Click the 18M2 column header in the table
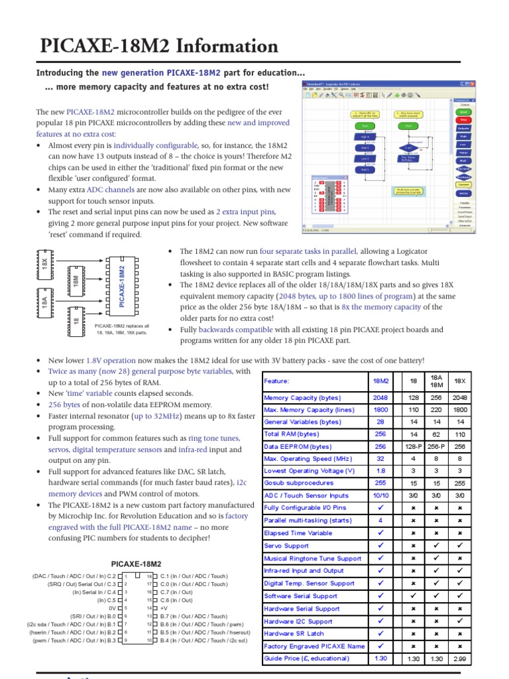click(381, 381)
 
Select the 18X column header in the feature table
click(459, 381)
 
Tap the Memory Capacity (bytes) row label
click(302, 398)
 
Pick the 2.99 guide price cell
click(459, 658)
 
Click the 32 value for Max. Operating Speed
click(380, 458)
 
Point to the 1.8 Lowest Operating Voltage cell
click(380, 471)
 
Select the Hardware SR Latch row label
click(294, 633)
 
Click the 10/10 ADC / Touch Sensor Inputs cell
click(380, 495)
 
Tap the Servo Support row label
click(286, 546)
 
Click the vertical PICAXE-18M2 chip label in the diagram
click(122, 286)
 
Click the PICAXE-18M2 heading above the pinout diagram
click(136, 563)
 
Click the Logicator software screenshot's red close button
click(473, 84)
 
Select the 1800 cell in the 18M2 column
click(380, 410)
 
